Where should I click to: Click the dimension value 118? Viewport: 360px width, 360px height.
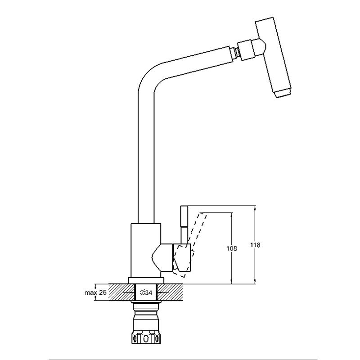coord(255,245)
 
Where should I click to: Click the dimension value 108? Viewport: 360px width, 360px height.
coord(231,248)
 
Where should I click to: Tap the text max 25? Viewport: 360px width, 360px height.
coord(95,293)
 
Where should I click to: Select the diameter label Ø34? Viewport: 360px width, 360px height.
coord(146,293)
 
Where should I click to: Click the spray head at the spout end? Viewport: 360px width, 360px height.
coord(274,58)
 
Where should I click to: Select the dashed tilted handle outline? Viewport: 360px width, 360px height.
coord(190,244)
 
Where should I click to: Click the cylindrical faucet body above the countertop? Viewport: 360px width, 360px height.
coord(146,250)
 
